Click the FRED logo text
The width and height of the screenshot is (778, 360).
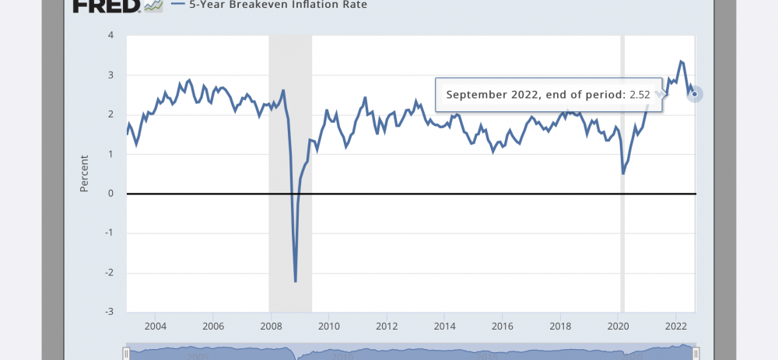pos(107,5)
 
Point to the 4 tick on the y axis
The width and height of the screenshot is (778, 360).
pos(111,36)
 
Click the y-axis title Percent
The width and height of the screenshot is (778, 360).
pos(85,173)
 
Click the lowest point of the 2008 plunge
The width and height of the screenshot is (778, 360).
pos(296,281)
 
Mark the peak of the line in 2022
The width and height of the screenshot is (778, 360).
pos(681,61)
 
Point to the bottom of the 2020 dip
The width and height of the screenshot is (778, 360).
pos(623,173)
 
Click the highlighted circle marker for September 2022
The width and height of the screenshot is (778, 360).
pos(695,95)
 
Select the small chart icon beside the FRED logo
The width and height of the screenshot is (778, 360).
pos(153,5)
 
